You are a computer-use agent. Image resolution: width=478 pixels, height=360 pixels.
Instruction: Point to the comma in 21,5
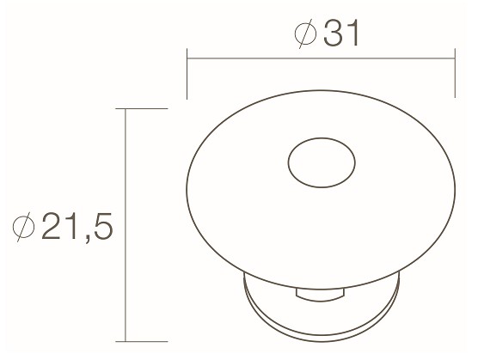[86, 239]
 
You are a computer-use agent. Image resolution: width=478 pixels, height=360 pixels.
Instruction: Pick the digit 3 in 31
[330, 34]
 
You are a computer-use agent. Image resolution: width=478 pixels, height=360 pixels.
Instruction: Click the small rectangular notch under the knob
[319, 296]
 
